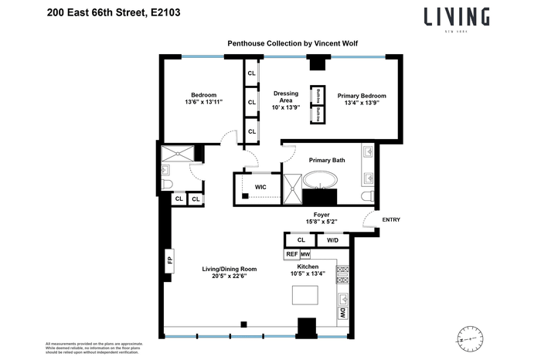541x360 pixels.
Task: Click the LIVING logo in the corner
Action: click(456, 17)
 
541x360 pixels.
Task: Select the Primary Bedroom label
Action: click(362, 96)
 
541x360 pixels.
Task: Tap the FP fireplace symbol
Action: click(168, 259)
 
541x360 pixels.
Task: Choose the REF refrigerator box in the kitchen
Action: click(292, 254)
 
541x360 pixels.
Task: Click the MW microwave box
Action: click(305, 254)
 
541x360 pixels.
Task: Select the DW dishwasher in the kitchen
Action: click(342, 313)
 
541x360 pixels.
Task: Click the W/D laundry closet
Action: click(333, 240)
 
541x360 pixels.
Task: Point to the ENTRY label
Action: click(391, 220)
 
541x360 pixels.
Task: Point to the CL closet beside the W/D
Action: click(301, 240)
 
